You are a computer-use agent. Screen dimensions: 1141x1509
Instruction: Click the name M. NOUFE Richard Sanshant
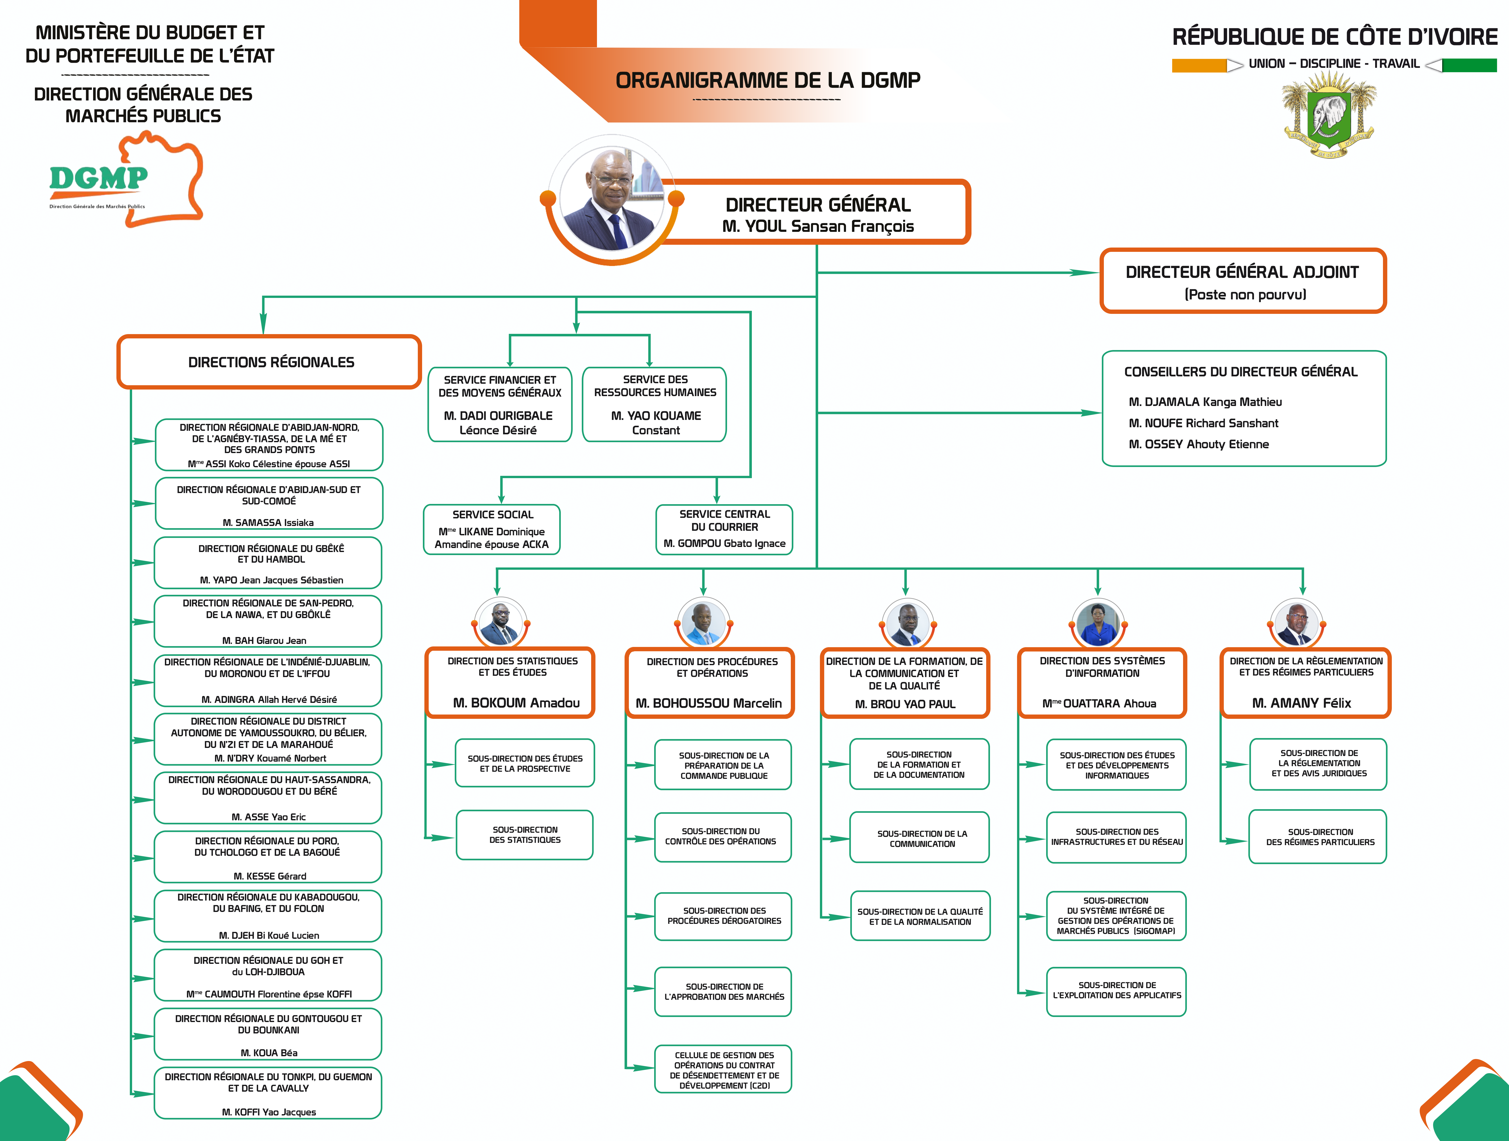(1203, 423)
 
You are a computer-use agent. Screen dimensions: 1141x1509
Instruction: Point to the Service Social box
(492, 529)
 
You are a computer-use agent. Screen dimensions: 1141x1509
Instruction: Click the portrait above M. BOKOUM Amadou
(500, 623)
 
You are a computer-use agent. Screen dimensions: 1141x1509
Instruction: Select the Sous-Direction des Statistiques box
(525, 834)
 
